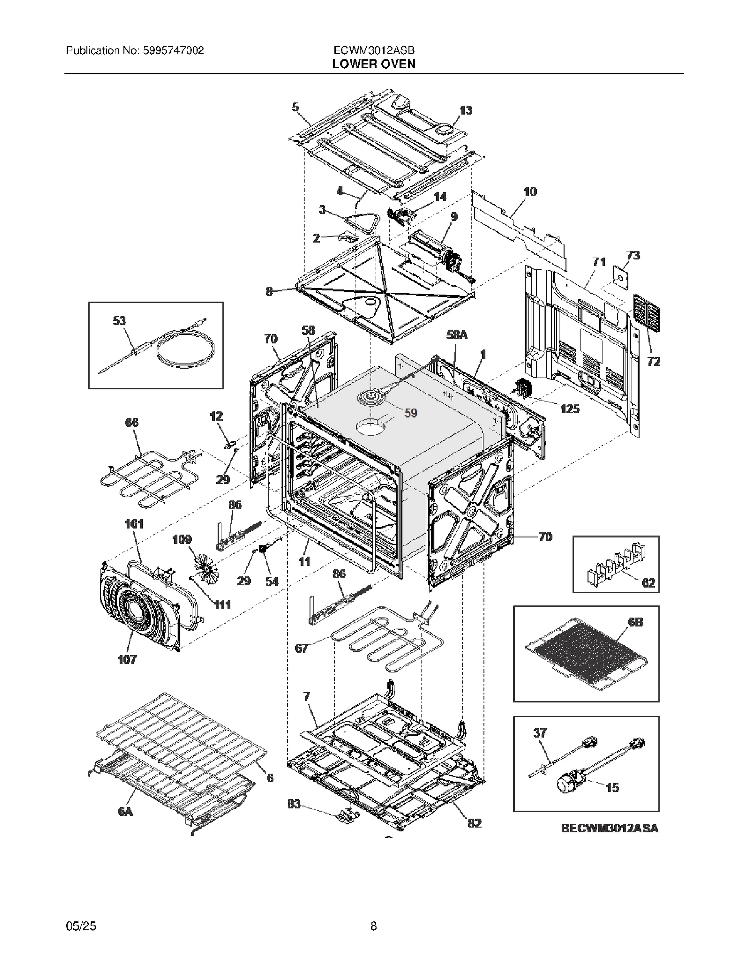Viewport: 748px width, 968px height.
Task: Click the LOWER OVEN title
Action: tap(374, 64)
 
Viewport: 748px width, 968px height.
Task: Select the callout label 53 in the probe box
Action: tap(119, 321)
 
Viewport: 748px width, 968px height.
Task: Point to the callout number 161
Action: tap(134, 524)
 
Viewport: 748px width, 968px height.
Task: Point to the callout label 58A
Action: tap(456, 335)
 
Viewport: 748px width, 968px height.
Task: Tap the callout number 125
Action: tap(570, 409)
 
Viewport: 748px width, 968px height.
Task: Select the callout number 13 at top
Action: tap(465, 110)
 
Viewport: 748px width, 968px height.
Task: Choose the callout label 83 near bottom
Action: tap(294, 804)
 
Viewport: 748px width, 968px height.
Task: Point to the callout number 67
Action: tap(302, 648)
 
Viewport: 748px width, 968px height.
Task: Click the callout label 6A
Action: tap(125, 811)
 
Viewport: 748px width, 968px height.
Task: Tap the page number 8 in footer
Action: tap(374, 926)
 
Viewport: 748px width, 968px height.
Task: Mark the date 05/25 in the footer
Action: tap(81, 926)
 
